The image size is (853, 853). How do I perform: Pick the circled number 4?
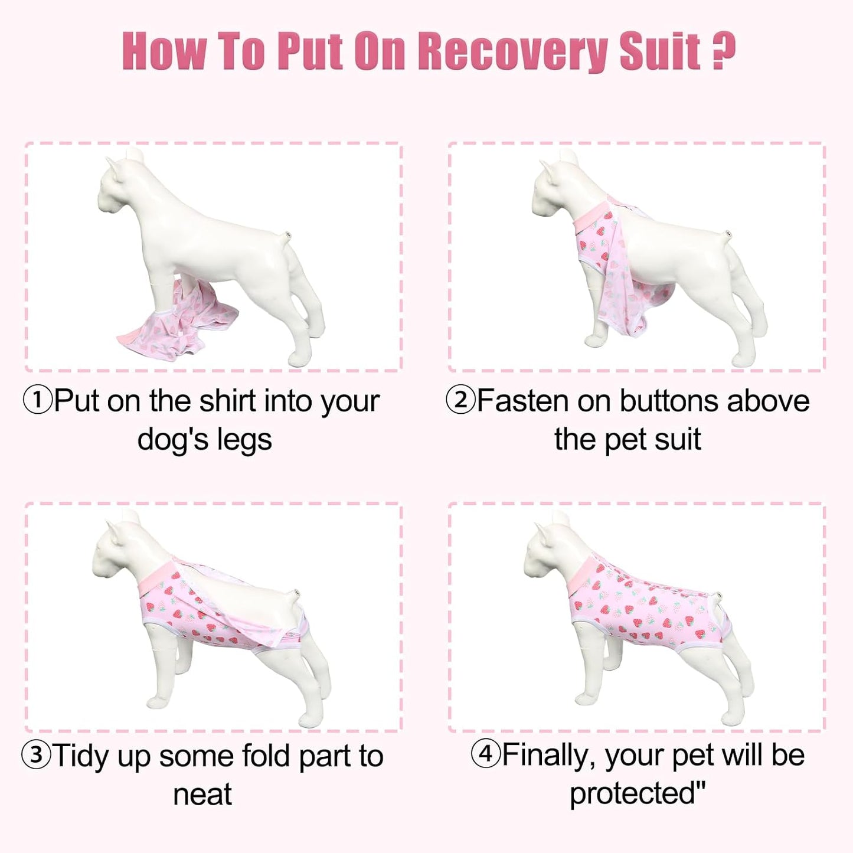(486, 755)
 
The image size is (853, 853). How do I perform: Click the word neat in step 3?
(202, 795)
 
